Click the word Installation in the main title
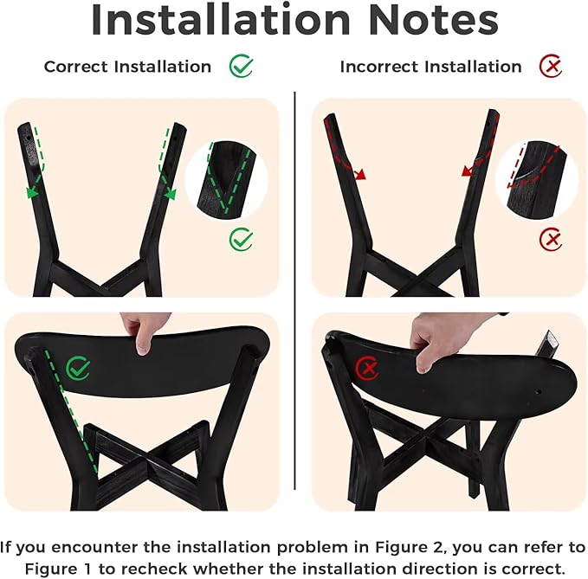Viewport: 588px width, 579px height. [x=221, y=20]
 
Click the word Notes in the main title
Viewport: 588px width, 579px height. [x=434, y=20]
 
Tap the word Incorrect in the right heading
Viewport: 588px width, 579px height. [x=379, y=67]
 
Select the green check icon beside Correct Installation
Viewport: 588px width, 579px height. [x=241, y=66]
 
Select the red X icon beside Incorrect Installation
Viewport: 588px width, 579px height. [x=551, y=66]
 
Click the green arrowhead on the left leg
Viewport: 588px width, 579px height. [x=32, y=192]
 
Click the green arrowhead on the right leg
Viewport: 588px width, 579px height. [x=170, y=194]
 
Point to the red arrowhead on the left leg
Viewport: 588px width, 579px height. [x=360, y=174]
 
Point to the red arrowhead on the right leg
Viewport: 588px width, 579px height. [x=467, y=171]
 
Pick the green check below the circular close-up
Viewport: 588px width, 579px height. [x=241, y=239]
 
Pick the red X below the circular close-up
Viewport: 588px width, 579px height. [x=551, y=239]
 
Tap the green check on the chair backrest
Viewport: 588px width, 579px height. [x=78, y=368]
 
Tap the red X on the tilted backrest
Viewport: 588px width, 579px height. [x=367, y=368]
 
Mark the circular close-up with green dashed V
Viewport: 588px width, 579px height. [x=227, y=180]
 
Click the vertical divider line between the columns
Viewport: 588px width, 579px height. [x=294, y=291]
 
